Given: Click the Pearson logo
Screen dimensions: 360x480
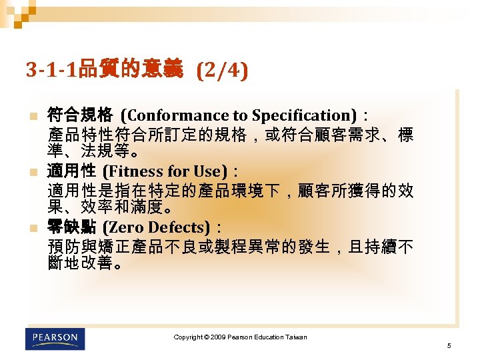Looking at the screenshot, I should point(56,338).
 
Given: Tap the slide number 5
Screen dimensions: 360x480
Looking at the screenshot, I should point(449,345).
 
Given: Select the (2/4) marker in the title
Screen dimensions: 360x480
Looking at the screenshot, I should point(223,70).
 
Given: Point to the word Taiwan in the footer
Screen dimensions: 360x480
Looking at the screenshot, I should point(296,337).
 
